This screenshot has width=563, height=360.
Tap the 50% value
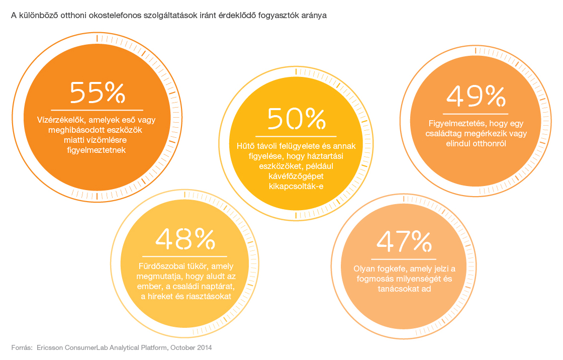[x=296, y=119]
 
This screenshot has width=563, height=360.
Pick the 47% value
[x=404, y=242]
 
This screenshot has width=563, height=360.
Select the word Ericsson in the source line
[x=50, y=347]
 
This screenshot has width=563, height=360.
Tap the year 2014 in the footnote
[x=204, y=347]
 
